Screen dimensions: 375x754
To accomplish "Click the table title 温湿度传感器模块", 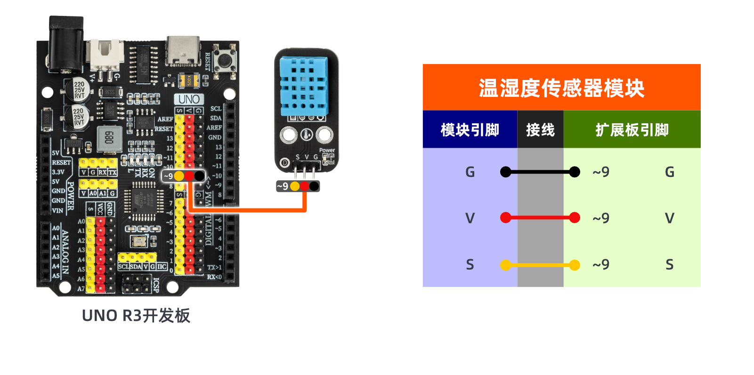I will (x=561, y=88).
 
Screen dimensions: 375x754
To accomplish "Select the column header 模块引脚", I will (x=470, y=130).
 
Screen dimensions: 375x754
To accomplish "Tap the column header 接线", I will (x=540, y=130).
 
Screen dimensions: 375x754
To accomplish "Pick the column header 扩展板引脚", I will (x=632, y=130).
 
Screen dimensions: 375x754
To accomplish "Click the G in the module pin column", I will (x=470, y=172).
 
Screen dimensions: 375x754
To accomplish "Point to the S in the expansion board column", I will (x=669, y=265).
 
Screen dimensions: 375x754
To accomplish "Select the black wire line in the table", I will (x=540, y=172).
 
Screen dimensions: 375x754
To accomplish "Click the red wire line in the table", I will (x=540, y=218).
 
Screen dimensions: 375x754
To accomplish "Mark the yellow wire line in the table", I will (x=540, y=265).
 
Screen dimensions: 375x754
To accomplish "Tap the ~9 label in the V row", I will (x=601, y=218).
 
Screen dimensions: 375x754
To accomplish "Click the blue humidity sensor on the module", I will (x=304, y=86).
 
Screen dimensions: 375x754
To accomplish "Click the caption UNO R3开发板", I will (x=136, y=316).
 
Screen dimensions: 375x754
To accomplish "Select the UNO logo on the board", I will (x=189, y=99).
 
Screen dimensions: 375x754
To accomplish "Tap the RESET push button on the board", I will (x=224, y=60).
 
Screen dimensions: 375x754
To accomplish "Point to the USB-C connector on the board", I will (x=183, y=50).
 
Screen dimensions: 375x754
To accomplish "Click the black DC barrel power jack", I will (x=66, y=45).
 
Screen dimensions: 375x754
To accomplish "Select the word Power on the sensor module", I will (x=327, y=151).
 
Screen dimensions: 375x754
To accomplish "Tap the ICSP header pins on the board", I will (x=137, y=284).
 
